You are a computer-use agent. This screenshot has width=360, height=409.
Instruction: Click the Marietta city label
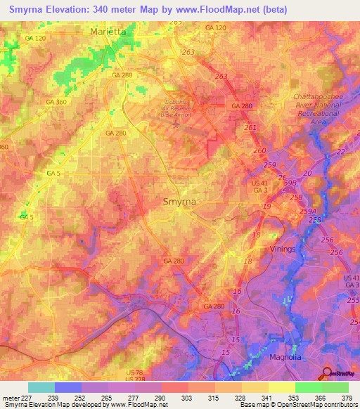[x=108, y=32]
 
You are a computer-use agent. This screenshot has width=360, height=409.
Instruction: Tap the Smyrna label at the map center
[x=179, y=201]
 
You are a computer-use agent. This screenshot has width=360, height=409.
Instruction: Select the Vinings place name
[x=283, y=249]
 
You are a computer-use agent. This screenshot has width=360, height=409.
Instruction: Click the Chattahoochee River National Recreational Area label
[x=316, y=108]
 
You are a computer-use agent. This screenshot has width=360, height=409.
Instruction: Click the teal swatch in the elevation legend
[x=41, y=387]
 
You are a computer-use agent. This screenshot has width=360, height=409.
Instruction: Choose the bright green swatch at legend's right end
[x=335, y=387]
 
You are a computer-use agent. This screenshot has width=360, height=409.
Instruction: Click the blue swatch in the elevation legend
[x=68, y=387]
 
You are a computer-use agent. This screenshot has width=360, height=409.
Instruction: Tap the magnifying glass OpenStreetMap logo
[x=326, y=373]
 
